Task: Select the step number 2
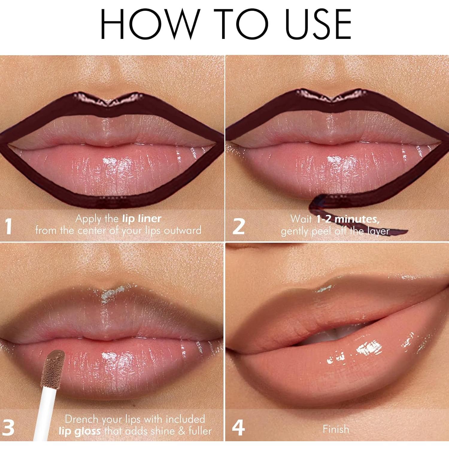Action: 239,227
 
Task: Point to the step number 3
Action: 8,428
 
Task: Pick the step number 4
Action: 238,428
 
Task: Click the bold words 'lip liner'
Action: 142,219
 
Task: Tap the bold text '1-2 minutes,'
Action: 348,219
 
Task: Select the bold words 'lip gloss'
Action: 79,431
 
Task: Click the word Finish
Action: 336,429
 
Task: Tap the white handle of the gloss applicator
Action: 45,413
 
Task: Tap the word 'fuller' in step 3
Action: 200,431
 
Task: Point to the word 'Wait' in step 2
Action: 301,219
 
